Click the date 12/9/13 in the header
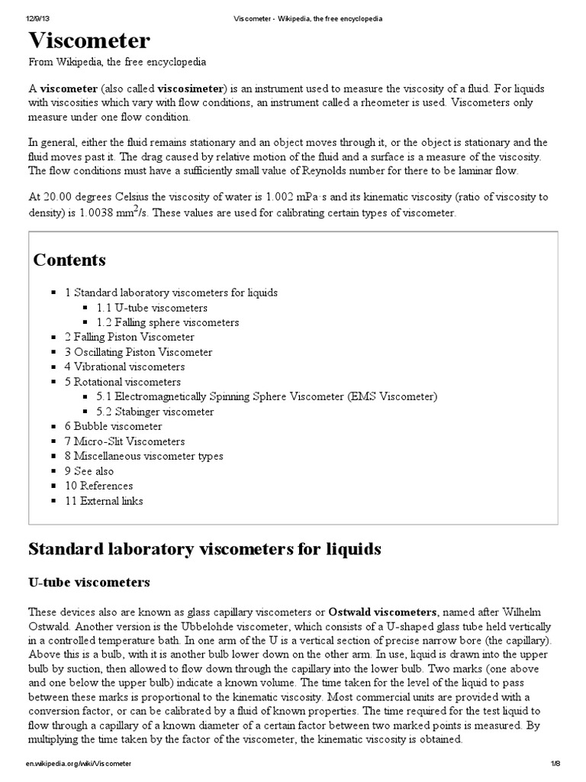pos(37,17)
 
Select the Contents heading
pos(69,260)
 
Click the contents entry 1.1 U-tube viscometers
pos(152,308)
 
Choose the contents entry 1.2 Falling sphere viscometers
pos(168,322)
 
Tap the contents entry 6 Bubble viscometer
pos(113,426)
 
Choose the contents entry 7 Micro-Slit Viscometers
pos(124,441)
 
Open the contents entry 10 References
pos(98,486)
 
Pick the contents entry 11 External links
pos(104,501)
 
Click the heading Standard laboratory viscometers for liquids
pos(204,549)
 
